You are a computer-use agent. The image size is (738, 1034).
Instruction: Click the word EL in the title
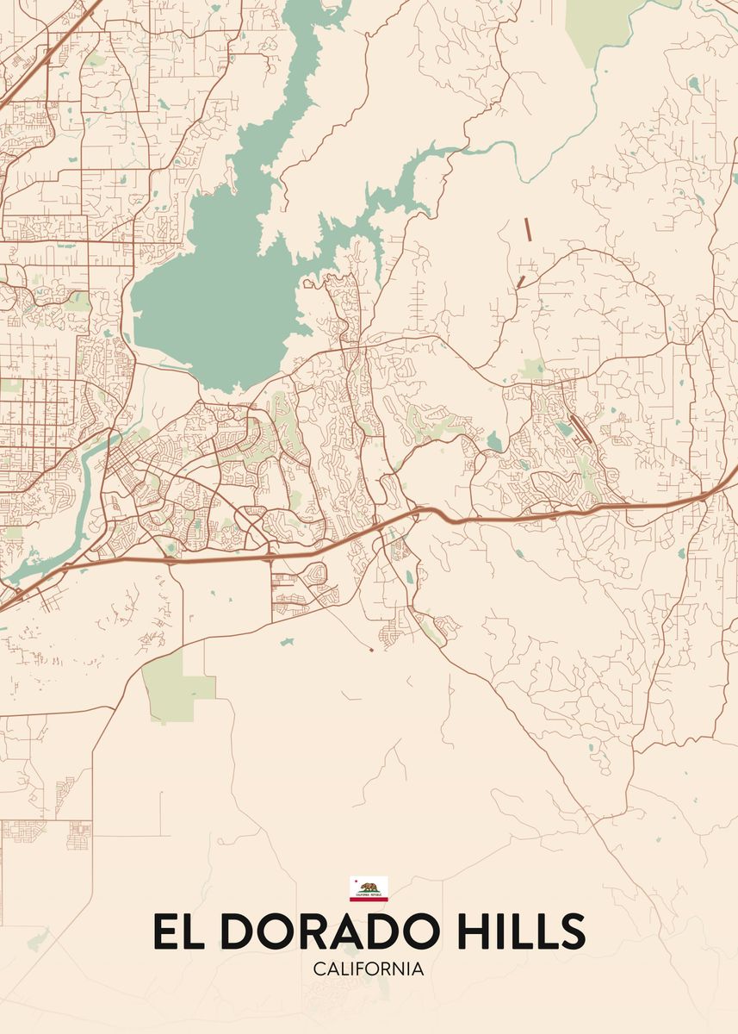click(x=177, y=931)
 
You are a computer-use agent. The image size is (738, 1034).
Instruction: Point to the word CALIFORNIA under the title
click(x=369, y=969)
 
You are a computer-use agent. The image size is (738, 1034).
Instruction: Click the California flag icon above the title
click(x=369, y=888)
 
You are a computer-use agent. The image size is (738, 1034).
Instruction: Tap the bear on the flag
click(x=369, y=887)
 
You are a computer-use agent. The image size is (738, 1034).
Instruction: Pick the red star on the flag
click(x=354, y=881)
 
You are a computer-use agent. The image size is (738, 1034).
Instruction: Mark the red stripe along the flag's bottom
click(x=369, y=899)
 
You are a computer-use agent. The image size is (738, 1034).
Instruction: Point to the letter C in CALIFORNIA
click(x=319, y=969)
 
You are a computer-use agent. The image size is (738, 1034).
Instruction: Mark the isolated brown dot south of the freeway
click(x=371, y=649)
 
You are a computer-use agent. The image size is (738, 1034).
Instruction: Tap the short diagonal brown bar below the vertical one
click(x=520, y=282)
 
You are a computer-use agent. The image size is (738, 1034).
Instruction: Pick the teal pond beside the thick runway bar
click(x=563, y=427)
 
